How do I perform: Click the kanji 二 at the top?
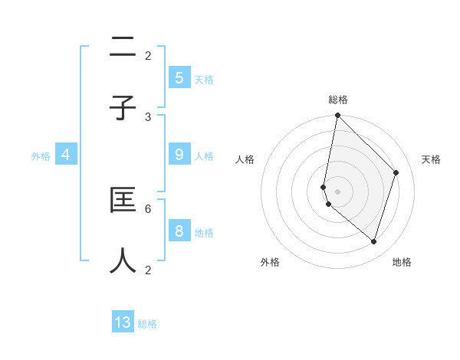[123, 49]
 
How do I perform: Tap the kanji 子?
[123, 109]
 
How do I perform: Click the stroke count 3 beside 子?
[148, 116]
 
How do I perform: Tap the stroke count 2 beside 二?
[148, 55]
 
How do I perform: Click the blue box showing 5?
[179, 78]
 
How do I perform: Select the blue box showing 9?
[179, 155]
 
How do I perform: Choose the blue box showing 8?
[179, 231]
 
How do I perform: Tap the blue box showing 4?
[65, 155]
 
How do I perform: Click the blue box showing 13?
[123, 322]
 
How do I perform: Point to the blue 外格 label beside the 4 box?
[41, 155]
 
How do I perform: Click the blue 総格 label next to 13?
[147, 323]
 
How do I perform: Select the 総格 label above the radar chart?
[337, 100]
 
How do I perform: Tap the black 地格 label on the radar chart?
[402, 263]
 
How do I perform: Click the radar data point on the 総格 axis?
[337, 115]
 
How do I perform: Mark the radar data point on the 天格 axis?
[396, 172]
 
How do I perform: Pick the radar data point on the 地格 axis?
[373, 241]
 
